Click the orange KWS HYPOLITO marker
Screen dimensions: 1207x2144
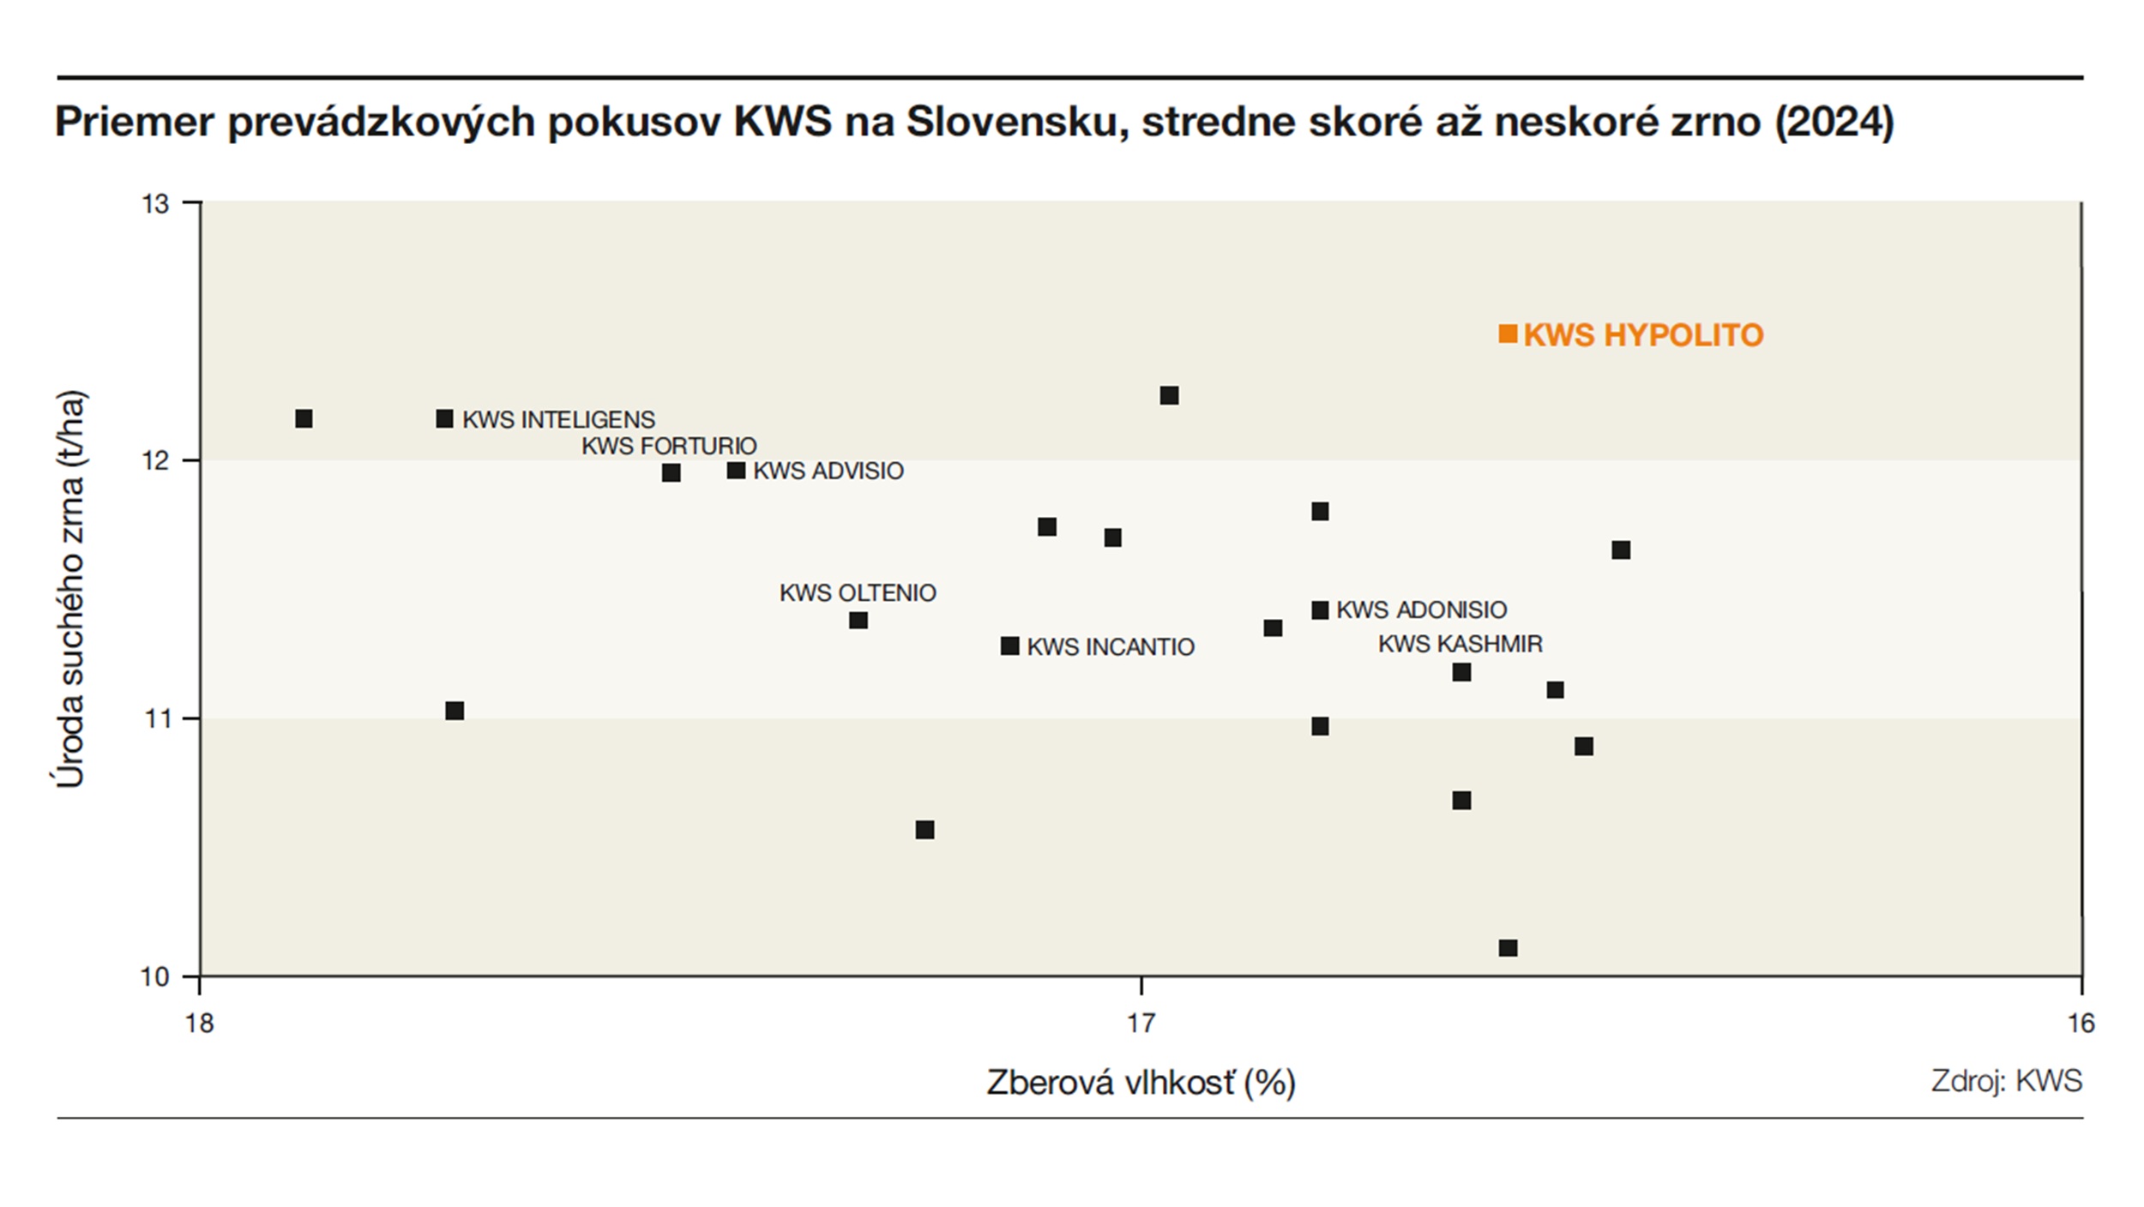pyautogui.click(x=1507, y=333)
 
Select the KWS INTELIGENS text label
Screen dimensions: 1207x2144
pyautogui.click(x=558, y=419)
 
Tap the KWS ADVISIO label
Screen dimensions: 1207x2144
pyautogui.click(x=828, y=471)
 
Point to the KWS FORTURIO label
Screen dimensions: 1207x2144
pyautogui.click(x=669, y=446)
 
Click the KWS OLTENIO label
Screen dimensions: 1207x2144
pyautogui.click(x=858, y=592)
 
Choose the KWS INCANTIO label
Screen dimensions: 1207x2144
pyautogui.click(x=1110, y=646)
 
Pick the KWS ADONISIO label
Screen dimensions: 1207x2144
pyautogui.click(x=1421, y=610)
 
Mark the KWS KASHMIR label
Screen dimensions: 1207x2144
pyautogui.click(x=1460, y=644)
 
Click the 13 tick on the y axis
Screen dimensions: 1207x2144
pyautogui.click(x=156, y=204)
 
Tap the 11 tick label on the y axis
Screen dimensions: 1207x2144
pyautogui.click(x=156, y=718)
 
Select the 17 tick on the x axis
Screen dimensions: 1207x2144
pyautogui.click(x=1141, y=1024)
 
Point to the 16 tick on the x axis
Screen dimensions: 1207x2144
pyautogui.click(x=2081, y=1024)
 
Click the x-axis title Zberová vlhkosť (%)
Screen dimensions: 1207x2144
pyautogui.click(x=1141, y=1083)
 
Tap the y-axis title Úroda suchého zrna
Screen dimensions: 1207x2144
pyautogui.click(x=70, y=589)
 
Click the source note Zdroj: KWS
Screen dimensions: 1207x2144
pyautogui.click(x=2006, y=1080)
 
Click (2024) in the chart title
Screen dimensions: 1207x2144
pyautogui.click(x=1834, y=122)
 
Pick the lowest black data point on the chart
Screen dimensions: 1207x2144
pyautogui.click(x=1508, y=947)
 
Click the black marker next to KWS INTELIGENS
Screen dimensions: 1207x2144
pyautogui.click(x=444, y=418)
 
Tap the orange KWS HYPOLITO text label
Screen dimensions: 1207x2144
pyautogui.click(x=1643, y=334)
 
